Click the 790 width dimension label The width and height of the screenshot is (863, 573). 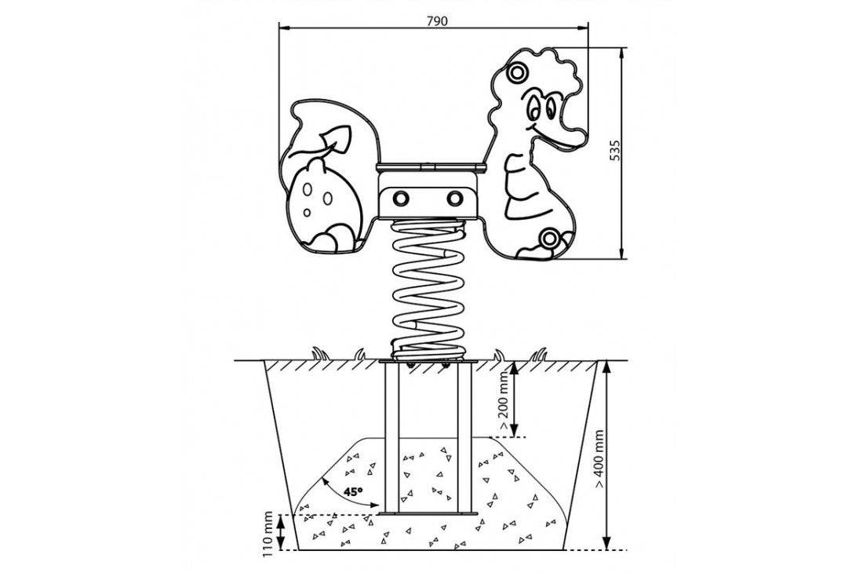pos(437,21)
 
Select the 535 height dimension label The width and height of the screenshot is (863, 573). pos(615,150)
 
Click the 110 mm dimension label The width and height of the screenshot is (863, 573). pos(268,534)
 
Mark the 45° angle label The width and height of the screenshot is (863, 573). pos(353,491)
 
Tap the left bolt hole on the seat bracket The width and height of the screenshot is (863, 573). pos(401,197)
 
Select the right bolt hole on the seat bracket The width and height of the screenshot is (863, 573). pos(454,197)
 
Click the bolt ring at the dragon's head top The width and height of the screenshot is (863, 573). pos(517,71)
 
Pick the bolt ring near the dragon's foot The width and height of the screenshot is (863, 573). pos(548,239)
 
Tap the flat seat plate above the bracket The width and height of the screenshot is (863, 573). pos(431,166)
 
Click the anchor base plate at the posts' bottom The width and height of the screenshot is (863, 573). pos(428,514)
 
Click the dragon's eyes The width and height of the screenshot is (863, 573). pos(541,106)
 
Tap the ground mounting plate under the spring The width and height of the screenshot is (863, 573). pos(428,362)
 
